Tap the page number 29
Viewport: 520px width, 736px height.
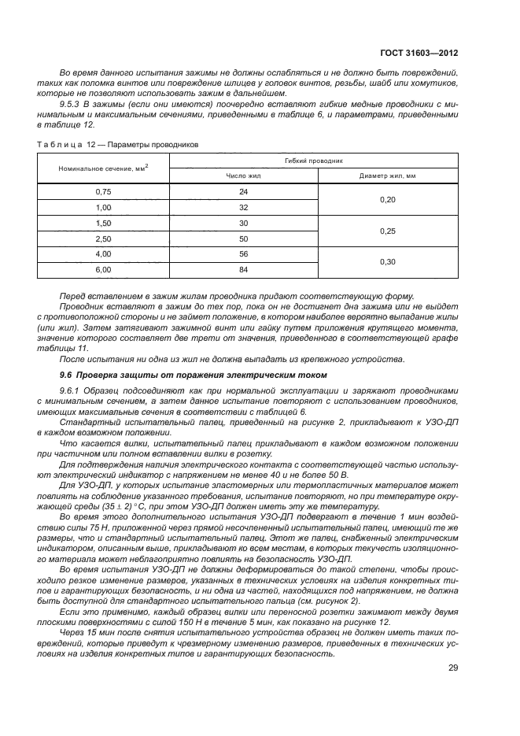tap(452, 668)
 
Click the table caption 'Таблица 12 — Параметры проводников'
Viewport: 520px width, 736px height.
tap(118, 144)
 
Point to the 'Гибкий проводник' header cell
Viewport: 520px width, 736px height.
tap(314, 160)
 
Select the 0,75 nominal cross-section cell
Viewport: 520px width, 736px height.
tap(104, 191)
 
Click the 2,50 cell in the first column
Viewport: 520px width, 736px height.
tap(104, 239)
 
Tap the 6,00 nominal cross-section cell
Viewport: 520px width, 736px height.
tap(104, 270)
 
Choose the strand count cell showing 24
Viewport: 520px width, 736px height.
tap(243, 191)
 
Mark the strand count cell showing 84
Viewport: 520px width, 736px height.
tap(243, 270)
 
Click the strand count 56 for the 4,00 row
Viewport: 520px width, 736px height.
tap(243, 254)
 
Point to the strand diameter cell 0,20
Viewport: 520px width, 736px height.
tap(387, 199)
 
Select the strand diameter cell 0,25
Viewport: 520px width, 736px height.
tap(387, 231)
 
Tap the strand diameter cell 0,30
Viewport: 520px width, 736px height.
tap(387, 262)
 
